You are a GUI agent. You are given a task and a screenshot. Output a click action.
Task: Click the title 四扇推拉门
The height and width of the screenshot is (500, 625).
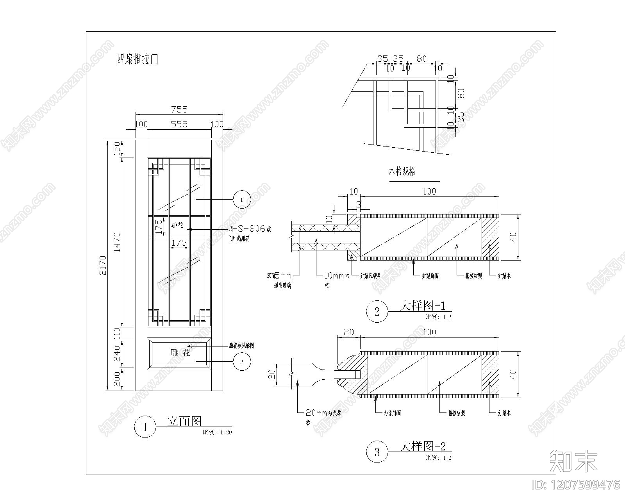tap(137, 59)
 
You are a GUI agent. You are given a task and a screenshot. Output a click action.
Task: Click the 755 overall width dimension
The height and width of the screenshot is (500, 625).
tap(179, 109)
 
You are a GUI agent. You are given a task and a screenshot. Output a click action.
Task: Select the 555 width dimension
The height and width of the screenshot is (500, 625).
tap(179, 124)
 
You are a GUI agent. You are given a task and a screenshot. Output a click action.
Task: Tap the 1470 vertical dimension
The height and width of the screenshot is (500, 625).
tap(118, 242)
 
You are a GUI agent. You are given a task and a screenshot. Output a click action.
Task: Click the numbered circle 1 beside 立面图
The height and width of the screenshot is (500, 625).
tap(145, 427)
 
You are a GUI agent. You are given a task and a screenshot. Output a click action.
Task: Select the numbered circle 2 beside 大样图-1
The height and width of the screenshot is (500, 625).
tap(377, 311)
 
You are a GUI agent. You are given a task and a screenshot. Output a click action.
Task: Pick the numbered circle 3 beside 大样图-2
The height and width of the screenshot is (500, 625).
tap(377, 452)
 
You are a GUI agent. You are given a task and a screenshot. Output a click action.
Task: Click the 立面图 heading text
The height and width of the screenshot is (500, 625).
tap(184, 421)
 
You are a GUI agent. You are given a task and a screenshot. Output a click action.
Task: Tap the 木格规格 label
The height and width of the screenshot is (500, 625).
tap(402, 171)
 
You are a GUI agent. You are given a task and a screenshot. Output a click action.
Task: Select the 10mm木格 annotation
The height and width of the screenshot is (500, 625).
tap(336, 275)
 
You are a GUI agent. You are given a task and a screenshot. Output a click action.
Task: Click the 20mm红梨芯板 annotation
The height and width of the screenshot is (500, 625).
tap(323, 413)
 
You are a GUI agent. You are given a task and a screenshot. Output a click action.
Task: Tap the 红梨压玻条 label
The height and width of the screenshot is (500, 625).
tap(371, 276)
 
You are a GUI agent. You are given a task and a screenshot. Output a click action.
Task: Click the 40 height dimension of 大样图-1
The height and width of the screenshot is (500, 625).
tap(513, 237)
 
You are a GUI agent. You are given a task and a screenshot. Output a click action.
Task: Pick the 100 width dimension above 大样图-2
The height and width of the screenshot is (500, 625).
tap(429, 332)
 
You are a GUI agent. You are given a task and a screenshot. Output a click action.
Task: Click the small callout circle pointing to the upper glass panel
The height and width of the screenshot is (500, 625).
tap(241, 200)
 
